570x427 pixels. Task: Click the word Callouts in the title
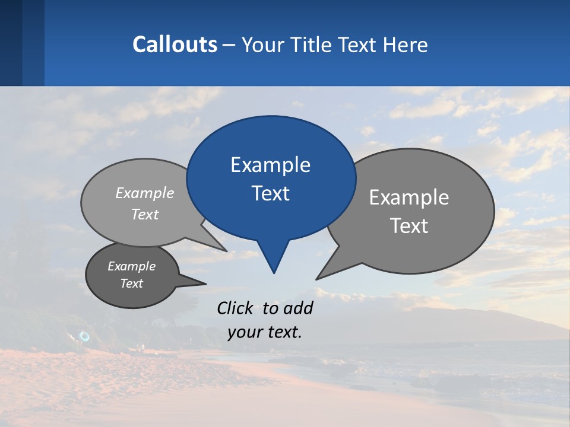tap(175, 44)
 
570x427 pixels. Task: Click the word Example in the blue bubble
tap(270, 165)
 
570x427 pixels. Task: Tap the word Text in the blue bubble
tap(271, 193)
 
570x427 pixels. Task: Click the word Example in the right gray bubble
tap(409, 197)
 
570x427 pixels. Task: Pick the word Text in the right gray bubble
tap(410, 226)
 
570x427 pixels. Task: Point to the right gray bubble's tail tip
tap(318, 278)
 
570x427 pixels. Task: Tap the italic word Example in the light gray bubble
tap(145, 193)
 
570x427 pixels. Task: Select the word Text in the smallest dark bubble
tap(132, 283)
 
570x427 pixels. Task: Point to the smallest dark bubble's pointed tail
tap(205, 283)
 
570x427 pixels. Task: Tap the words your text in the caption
tap(265, 333)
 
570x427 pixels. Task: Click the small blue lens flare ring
tap(84, 337)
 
